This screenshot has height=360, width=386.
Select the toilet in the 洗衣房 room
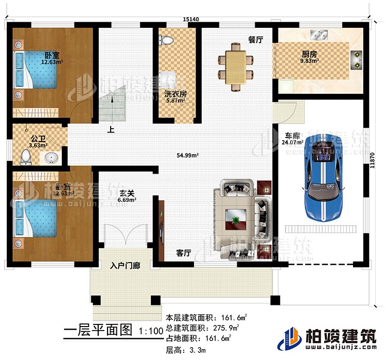tap(166, 40)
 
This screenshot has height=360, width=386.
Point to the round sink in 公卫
tap(51, 157)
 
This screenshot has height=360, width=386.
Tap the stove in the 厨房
tap(356, 59)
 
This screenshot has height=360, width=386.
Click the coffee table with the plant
tap(236, 220)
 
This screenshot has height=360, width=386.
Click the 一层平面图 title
tap(97, 331)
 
